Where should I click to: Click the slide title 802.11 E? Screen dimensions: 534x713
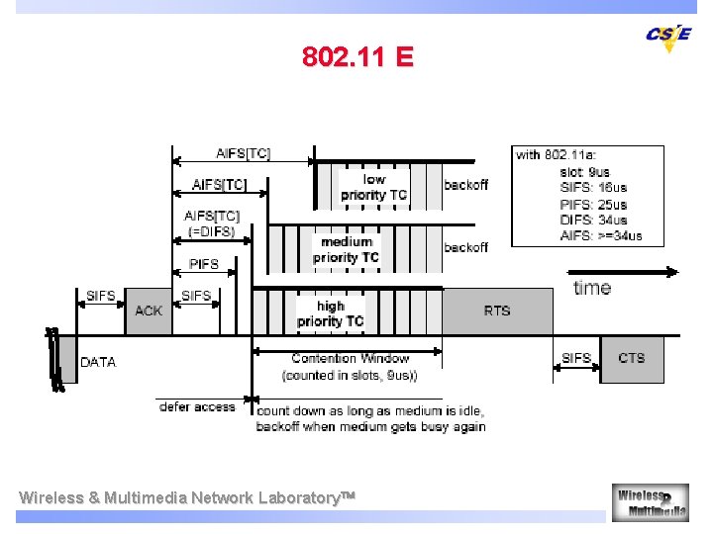pos(357,56)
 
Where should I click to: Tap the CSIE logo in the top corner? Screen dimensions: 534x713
pos(668,37)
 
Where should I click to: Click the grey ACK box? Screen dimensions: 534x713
pos(149,311)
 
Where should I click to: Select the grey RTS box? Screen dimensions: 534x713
pos(497,311)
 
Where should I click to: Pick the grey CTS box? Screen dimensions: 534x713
pos(631,358)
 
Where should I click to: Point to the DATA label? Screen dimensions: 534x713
pos(98,362)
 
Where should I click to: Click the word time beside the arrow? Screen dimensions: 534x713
pos(592,288)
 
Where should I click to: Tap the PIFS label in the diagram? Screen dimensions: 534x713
pos(204,264)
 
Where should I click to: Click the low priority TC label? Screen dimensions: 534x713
pos(373,187)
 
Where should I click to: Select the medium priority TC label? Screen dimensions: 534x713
pos(346,249)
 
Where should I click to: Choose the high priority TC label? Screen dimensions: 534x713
pos(330,313)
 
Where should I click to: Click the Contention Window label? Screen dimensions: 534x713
pos(350,358)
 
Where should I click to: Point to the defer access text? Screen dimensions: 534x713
pos(197,406)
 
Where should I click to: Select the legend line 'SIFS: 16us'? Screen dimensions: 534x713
pos(592,188)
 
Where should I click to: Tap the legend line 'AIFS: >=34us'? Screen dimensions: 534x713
pos(601,235)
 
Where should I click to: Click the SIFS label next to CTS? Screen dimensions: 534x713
pos(575,358)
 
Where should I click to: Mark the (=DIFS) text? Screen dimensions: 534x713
pos(212,232)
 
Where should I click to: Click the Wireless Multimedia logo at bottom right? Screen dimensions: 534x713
pos(650,501)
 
